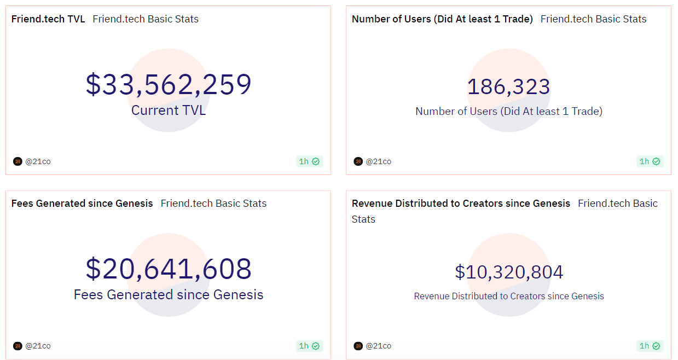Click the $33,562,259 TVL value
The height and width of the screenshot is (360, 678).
pos(169,85)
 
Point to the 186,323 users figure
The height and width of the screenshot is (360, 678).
pos(508,87)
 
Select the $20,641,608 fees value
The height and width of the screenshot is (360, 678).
pos(169,269)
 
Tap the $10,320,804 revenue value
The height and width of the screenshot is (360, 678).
pos(509,272)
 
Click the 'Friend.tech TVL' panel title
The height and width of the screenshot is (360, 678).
pos(48,19)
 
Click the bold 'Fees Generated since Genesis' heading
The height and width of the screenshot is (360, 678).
pos(82,204)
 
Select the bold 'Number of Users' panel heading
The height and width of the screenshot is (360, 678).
pos(442,19)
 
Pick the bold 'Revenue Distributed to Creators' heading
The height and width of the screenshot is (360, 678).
pos(461,204)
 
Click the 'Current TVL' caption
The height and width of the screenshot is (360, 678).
pos(169,111)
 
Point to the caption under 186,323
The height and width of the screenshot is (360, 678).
pos(509,112)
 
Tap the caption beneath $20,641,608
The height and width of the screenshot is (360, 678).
pos(169,295)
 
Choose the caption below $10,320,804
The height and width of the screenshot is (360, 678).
pos(509,297)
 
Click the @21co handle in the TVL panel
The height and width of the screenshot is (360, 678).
pos(38,161)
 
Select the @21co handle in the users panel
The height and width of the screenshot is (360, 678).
pos(379,161)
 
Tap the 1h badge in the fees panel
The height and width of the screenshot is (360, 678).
pos(309,346)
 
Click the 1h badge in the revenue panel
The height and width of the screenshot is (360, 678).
pos(650,346)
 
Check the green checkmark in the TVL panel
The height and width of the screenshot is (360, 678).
pos(316,161)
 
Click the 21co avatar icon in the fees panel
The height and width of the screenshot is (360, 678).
pos(18,346)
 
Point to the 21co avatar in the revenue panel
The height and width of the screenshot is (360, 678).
pos(358,346)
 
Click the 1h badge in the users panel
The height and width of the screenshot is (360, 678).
pos(650,161)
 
